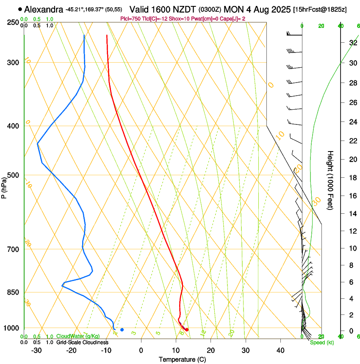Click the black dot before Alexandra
(20, 9)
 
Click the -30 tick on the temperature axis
(36, 350)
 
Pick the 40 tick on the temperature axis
(280, 350)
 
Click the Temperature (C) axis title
(182, 359)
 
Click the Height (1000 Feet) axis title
(330, 180)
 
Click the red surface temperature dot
(187, 330)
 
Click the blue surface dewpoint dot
(122, 330)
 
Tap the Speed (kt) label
(322, 342)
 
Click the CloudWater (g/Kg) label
(78, 336)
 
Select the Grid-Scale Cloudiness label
(80, 342)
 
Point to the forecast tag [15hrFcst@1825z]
(320, 9)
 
